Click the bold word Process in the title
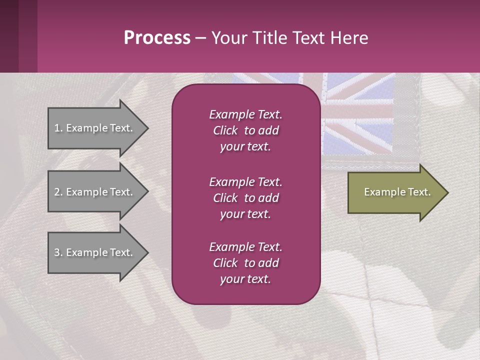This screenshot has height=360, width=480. (x=157, y=38)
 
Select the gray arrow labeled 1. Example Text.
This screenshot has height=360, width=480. (x=95, y=128)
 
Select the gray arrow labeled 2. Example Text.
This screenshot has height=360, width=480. (x=95, y=192)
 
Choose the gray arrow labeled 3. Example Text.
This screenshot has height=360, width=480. (x=95, y=252)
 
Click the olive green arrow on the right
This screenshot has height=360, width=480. (x=395, y=192)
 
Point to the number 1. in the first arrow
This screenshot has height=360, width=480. (x=58, y=128)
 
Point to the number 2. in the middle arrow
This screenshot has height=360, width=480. (x=58, y=192)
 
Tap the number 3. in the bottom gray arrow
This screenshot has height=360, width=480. (x=58, y=252)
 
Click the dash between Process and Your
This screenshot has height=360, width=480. (x=200, y=38)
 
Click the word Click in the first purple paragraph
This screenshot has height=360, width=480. (x=225, y=130)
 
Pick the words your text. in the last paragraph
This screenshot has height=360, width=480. (x=245, y=279)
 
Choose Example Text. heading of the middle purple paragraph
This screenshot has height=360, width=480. (x=245, y=181)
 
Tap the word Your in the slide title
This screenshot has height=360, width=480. (x=228, y=38)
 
